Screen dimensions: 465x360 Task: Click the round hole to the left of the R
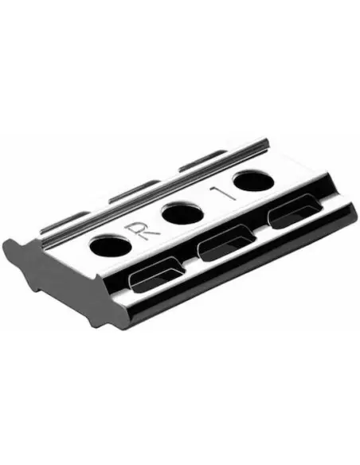[110, 246]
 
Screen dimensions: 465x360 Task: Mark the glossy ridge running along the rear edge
[159, 188]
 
